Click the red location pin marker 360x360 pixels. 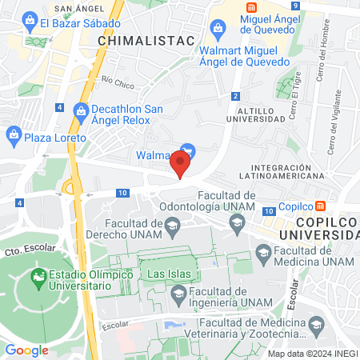click(x=180, y=166)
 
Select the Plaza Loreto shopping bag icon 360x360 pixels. click(x=14, y=137)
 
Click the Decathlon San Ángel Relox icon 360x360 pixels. click(x=80, y=110)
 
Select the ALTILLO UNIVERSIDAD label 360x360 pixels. click(x=254, y=113)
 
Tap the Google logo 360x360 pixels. click(x=27, y=350)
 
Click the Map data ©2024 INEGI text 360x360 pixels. click(x=311, y=353)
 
